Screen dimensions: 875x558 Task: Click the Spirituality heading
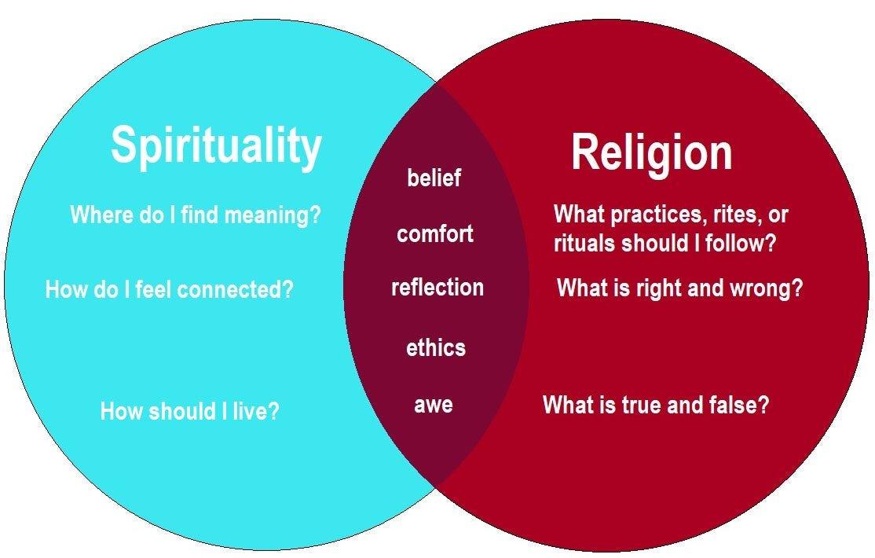coord(216,146)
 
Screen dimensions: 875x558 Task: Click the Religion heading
coord(651,152)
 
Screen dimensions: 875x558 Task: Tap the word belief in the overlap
coord(434,178)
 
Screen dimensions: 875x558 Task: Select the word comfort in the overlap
coord(435,233)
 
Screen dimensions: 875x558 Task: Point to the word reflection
coord(437,288)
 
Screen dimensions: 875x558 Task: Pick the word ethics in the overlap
coord(436,347)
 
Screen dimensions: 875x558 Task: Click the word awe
coord(434,406)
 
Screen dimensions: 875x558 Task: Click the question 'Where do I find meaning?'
coord(196,215)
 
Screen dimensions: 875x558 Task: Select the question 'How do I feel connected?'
coord(169,290)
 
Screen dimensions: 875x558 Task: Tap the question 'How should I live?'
coord(189,411)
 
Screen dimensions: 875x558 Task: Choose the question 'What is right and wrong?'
coord(679,288)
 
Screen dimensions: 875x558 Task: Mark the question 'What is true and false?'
coord(656,406)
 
